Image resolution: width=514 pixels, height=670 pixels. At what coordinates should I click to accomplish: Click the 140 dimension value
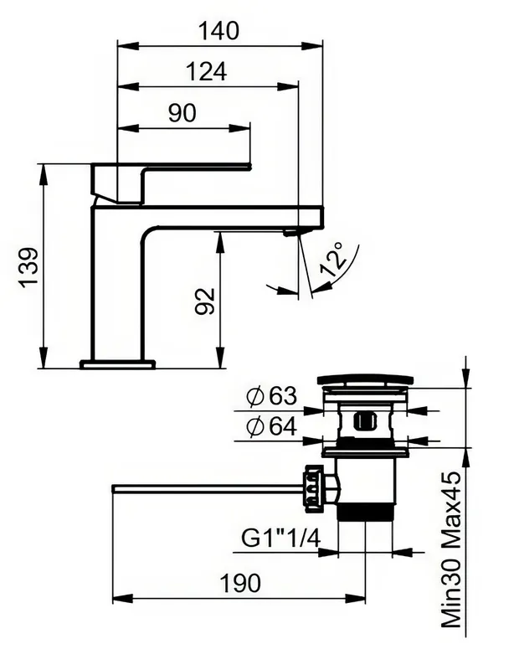[x=218, y=31]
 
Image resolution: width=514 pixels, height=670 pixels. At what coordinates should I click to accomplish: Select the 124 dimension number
[x=207, y=71]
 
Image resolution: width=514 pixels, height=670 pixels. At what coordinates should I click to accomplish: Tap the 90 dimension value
[x=182, y=113]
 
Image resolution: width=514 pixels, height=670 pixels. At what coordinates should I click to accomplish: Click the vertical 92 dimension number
[x=204, y=301]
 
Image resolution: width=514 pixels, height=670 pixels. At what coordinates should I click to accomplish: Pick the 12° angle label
[x=332, y=260]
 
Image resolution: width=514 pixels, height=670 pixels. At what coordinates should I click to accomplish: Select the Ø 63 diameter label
[x=272, y=396]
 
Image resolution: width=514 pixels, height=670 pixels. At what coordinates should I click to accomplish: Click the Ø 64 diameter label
[x=272, y=426]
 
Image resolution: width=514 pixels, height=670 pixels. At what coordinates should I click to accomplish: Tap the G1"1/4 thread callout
[x=280, y=538]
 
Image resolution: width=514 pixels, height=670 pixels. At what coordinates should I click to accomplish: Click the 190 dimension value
[x=239, y=583]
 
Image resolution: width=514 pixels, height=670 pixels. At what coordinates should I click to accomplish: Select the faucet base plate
[x=117, y=364]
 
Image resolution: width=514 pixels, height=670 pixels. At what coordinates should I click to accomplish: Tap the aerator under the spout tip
[x=292, y=233]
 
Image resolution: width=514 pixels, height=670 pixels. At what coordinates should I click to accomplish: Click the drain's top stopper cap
[x=365, y=380]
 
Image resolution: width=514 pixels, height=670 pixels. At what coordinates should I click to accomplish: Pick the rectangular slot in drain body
[x=364, y=421]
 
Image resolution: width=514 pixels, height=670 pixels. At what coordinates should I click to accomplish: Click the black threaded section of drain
[x=365, y=512]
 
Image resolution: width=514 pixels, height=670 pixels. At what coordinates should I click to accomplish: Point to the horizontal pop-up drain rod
[x=208, y=488]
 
